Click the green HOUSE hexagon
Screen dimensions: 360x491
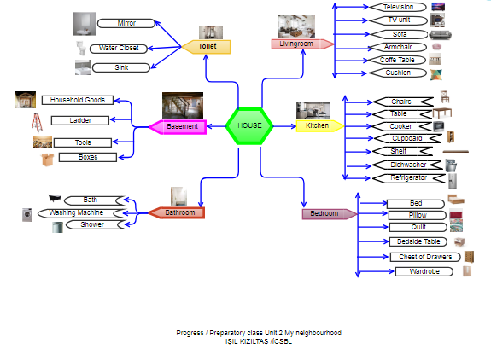[249, 126]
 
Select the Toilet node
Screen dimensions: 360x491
[208, 46]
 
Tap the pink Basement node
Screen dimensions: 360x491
[182, 127]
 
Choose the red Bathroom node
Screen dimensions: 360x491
[178, 212]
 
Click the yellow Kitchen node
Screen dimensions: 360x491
[318, 126]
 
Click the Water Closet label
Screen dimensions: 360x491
[119, 49]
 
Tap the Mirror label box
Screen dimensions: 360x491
[126, 23]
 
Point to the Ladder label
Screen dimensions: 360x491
[81, 120]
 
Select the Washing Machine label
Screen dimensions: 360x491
[82, 212]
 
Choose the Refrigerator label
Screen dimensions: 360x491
[408, 177]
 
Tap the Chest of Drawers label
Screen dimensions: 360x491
[424, 257]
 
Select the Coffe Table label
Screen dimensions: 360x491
[397, 61]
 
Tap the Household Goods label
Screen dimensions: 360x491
[78, 101]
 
